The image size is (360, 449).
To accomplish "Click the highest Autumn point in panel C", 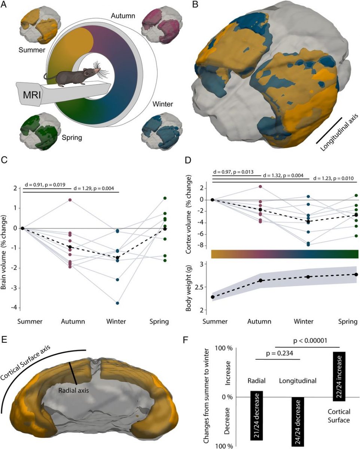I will click(70, 200).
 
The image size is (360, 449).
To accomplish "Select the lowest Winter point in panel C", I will click(118, 303).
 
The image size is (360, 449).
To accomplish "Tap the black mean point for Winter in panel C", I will click(118, 257).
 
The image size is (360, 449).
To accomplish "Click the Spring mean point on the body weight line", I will click(356, 275).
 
